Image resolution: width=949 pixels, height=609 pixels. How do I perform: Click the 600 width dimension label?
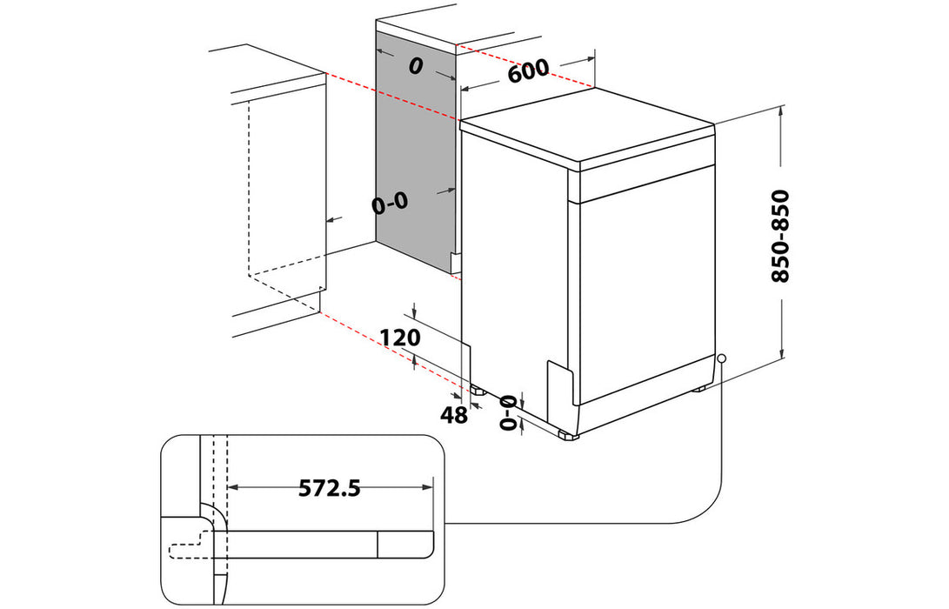[528, 70]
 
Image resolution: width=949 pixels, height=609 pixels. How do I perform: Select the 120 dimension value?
[400, 338]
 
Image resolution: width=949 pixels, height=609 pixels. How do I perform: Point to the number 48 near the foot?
[453, 416]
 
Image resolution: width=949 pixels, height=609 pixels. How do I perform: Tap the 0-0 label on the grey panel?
[389, 204]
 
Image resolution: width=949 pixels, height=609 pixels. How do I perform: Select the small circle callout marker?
[722, 358]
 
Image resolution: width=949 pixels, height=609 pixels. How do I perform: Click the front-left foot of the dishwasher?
[567, 433]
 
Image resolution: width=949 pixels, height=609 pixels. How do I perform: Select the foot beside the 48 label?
[477, 390]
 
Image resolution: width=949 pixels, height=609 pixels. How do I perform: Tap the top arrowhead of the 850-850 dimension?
[783, 111]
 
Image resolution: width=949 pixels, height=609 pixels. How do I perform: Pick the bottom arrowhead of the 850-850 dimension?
[783, 354]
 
